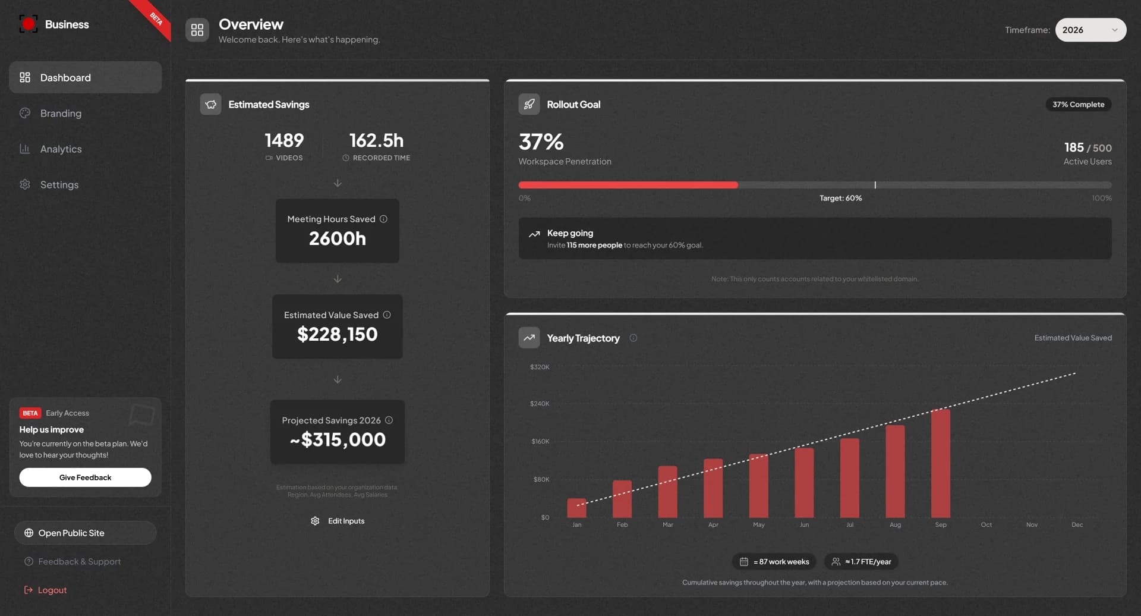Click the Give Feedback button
[85, 477]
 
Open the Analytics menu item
[61, 149]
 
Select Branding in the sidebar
[61, 114]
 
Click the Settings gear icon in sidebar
[25, 184]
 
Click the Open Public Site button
[85, 533]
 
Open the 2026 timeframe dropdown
[1090, 30]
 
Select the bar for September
[940, 464]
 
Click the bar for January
[576, 508]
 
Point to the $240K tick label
[540, 404]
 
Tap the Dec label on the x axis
[1077, 524]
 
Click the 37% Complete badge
[1078, 105]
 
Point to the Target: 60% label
[840, 198]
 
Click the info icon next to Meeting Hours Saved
[383, 219]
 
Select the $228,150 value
[337, 334]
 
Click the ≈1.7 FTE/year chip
[861, 561]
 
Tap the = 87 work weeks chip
[774, 561]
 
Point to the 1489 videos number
[284, 140]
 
